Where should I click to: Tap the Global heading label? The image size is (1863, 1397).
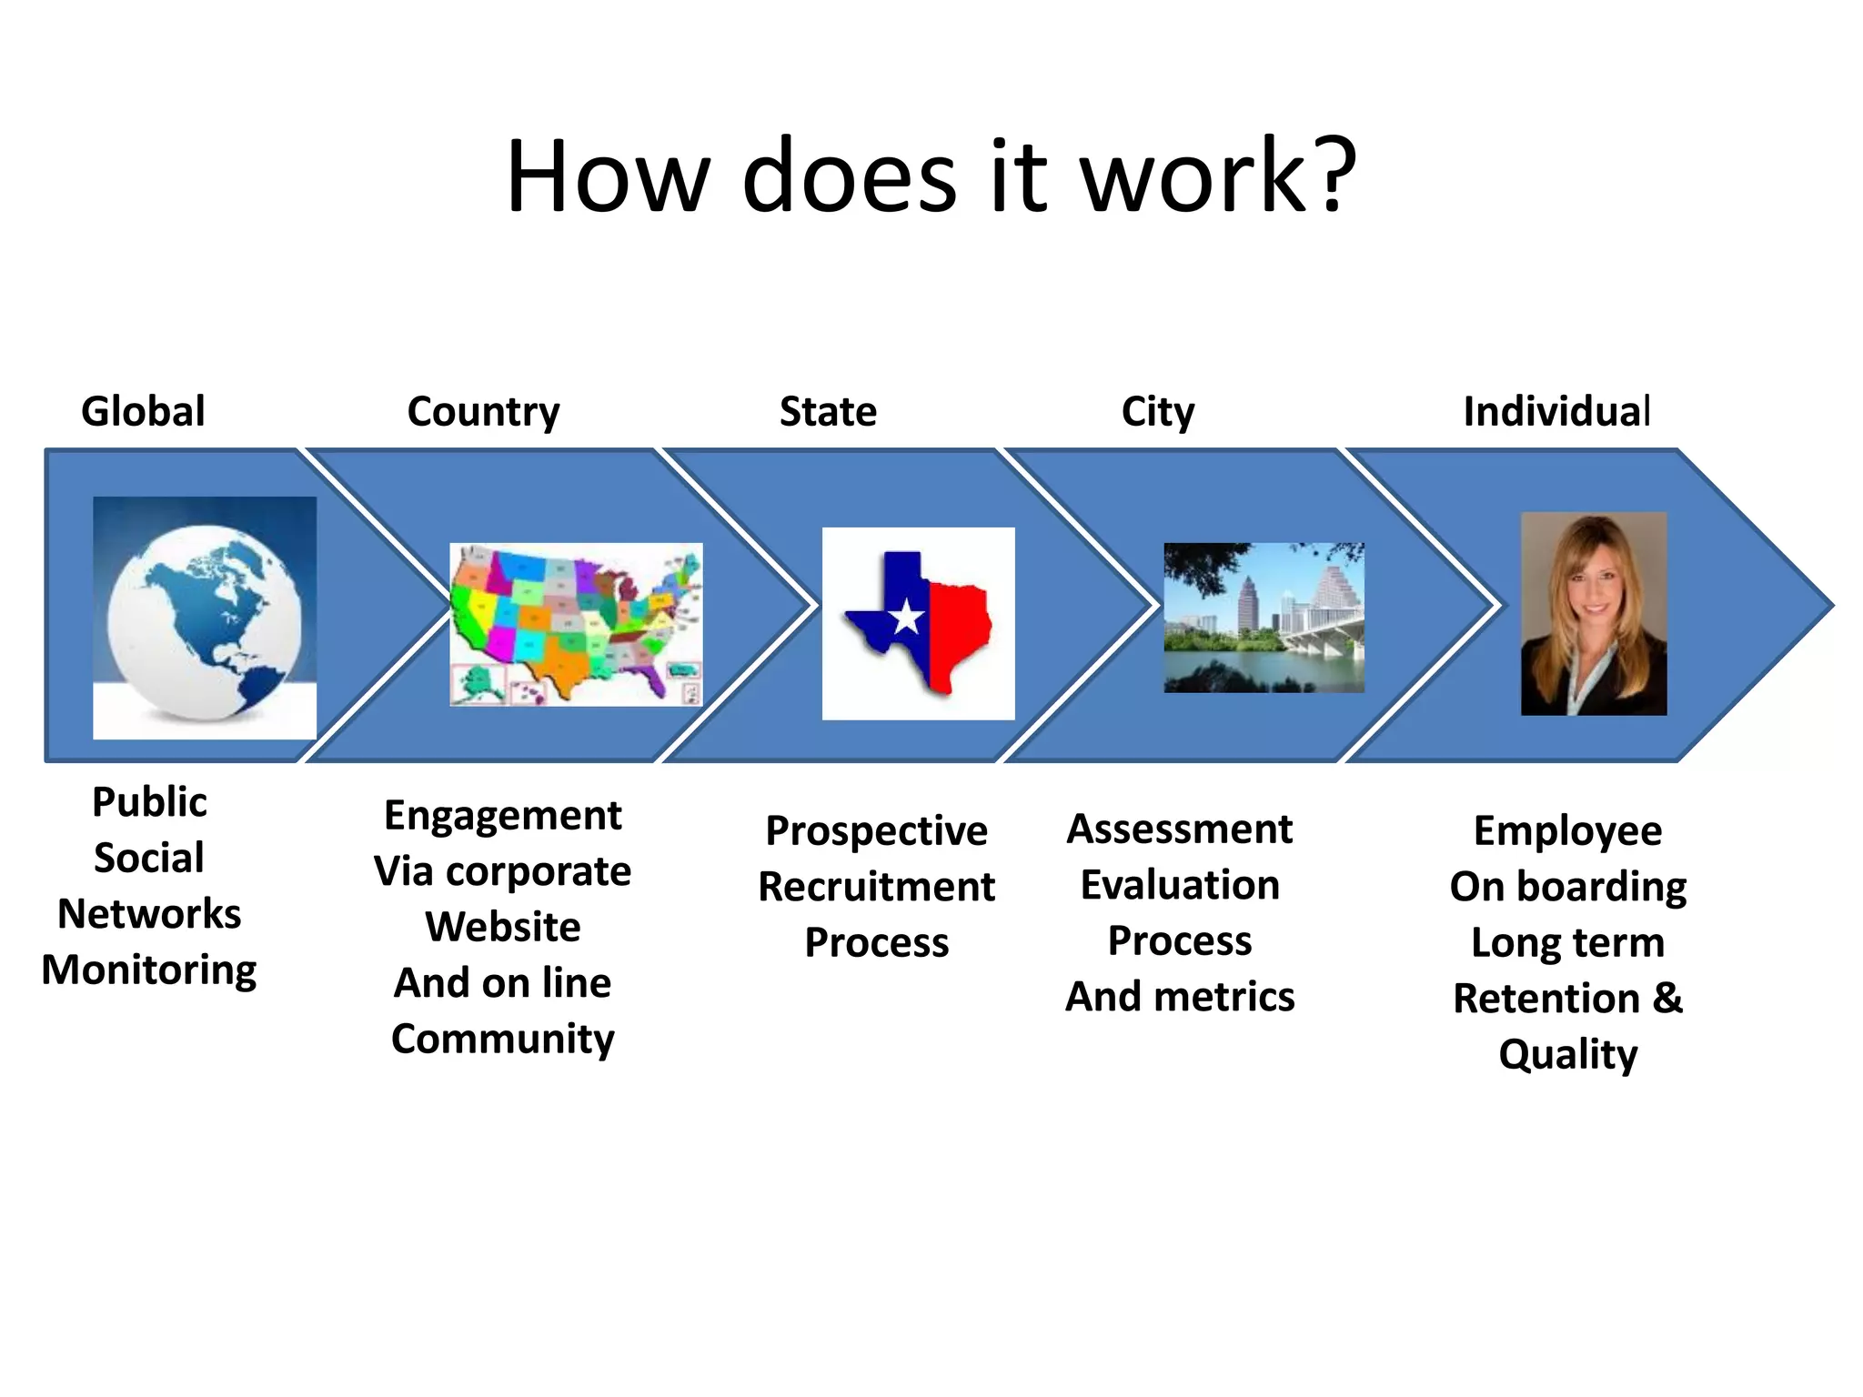pos(143,411)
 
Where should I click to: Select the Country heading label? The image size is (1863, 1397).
pos(483,412)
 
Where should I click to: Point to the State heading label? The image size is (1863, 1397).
pos(828,412)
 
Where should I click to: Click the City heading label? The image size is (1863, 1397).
pos(1157,412)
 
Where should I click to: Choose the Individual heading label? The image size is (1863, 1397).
pos(1556,412)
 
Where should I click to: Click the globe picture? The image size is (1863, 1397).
pos(205,618)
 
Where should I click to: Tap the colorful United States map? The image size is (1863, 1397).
pos(575,623)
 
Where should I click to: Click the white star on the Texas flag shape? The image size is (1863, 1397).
pos(907,618)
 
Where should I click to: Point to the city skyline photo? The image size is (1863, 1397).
pos(1264,618)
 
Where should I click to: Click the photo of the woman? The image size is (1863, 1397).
pos(1594,614)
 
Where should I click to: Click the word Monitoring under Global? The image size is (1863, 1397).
pos(149,970)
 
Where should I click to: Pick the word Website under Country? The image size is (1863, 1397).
pos(503,927)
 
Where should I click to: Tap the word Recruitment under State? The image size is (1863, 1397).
pos(876,887)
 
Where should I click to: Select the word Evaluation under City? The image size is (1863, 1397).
pos(1180,885)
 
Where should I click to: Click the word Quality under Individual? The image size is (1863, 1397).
pos(1567,1055)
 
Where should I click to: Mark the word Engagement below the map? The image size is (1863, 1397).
pos(503,816)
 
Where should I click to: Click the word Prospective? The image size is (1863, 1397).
pos(876,830)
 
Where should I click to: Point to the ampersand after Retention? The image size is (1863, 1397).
pos(1667,998)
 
